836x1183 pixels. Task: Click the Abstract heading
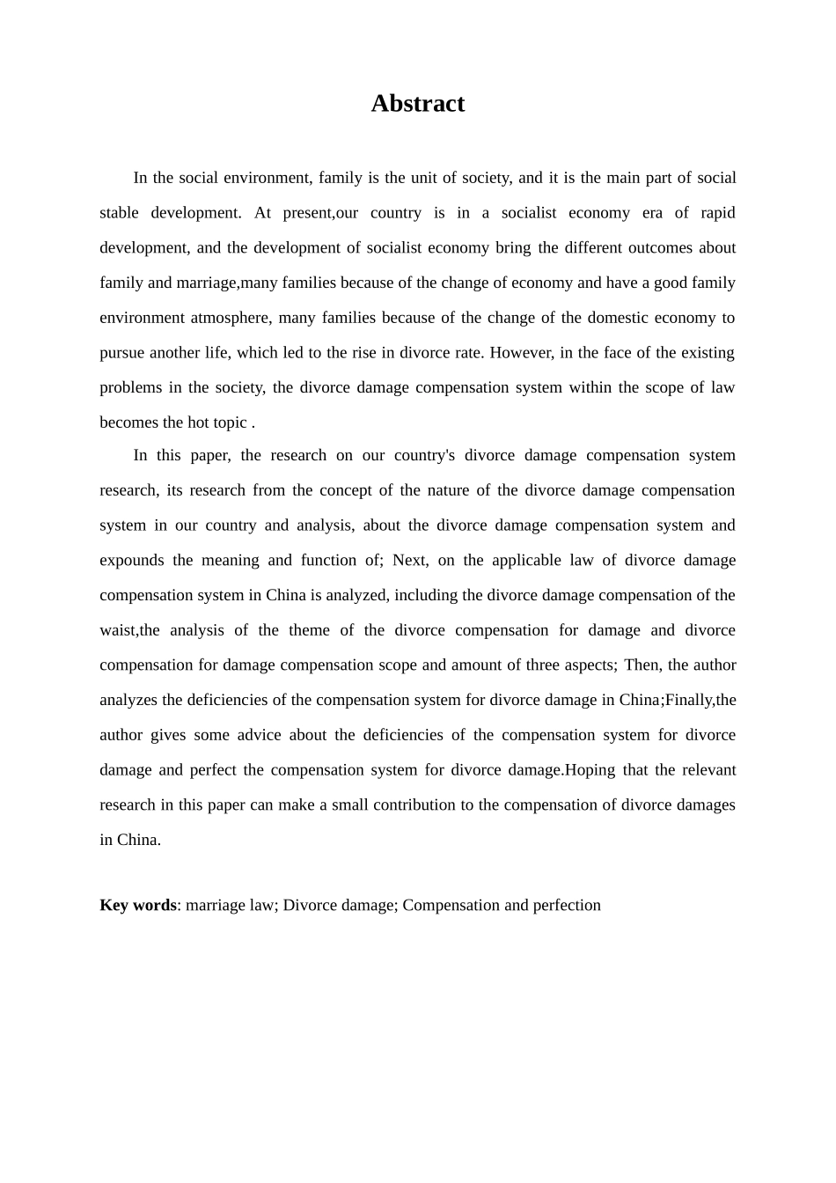(417, 104)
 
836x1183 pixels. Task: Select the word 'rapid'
(717, 213)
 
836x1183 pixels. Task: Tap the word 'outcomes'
(661, 248)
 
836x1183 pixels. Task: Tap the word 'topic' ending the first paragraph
(230, 422)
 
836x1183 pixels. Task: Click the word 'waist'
(117, 630)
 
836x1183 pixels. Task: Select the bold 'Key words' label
(138, 905)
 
